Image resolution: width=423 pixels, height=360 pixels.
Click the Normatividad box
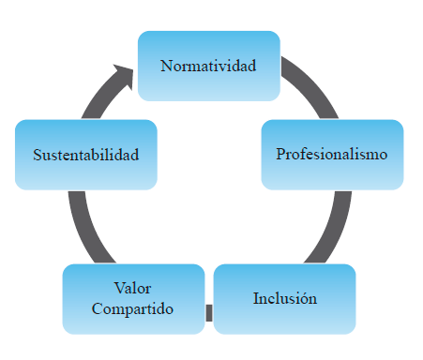208,66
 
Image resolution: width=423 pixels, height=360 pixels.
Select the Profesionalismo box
332,154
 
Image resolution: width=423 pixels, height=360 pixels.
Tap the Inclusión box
285,299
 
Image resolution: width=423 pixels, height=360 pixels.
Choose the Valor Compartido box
133,298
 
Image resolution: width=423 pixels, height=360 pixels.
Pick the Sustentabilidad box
85,155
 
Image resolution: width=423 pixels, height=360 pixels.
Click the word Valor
132,287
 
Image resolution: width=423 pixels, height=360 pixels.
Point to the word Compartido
133,308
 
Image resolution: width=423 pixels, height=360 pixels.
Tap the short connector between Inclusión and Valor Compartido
209,313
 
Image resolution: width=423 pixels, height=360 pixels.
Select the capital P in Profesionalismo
280,153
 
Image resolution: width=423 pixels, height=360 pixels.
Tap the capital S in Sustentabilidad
37,155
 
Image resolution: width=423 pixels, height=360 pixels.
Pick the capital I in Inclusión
256,299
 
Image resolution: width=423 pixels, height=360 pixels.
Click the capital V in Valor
118,287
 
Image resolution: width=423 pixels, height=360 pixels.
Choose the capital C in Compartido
98,308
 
